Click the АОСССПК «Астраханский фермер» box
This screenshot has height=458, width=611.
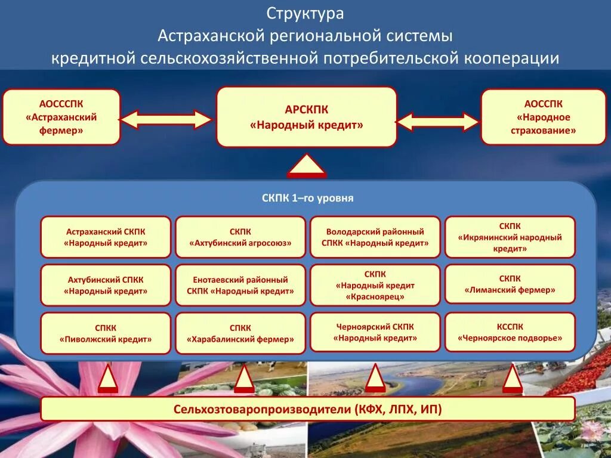pyautogui.click(x=61, y=117)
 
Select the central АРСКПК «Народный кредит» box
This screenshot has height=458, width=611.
pyautogui.click(x=306, y=117)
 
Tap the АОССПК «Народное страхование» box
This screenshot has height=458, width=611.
pyautogui.click(x=543, y=117)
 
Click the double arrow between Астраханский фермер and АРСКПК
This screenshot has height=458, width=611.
pyautogui.click(x=166, y=119)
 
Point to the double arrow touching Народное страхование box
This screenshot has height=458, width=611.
pyautogui.click(x=438, y=122)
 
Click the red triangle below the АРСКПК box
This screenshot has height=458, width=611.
pyautogui.click(x=307, y=166)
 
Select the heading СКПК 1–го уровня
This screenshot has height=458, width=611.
pyautogui.click(x=307, y=198)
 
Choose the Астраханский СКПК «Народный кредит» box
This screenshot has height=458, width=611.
pyautogui.click(x=106, y=237)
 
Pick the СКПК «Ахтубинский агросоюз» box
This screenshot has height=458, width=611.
pyautogui.click(x=240, y=237)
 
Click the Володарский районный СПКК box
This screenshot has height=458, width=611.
pyautogui.click(x=375, y=237)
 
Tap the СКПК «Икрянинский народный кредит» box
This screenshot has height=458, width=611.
pyautogui.click(x=510, y=237)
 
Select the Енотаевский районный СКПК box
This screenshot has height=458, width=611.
pyautogui.click(x=240, y=285)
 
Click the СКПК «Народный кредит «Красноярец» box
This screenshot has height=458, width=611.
pyautogui.click(x=375, y=285)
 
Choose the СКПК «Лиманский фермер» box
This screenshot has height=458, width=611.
pyautogui.click(x=510, y=285)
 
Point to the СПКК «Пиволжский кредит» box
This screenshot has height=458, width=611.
pyautogui.click(x=106, y=333)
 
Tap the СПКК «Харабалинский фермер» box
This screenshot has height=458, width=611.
pyautogui.click(x=240, y=333)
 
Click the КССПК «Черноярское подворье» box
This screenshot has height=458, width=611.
pyautogui.click(x=510, y=332)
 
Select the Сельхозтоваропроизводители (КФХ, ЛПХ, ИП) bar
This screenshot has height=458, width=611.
pyautogui.click(x=308, y=409)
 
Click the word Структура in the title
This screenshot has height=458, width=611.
pyautogui.click(x=305, y=14)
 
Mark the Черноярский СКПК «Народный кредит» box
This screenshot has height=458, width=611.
pyautogui.click(x=375, y=332)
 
